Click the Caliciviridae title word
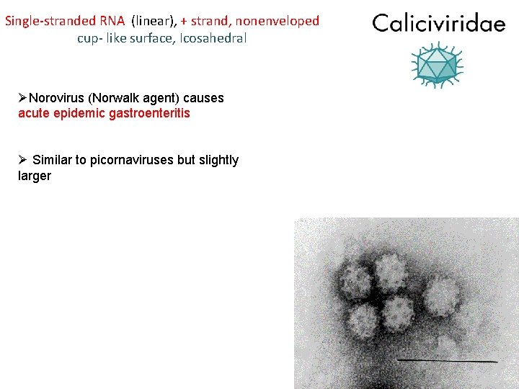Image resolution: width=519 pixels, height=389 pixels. (x=439, y=24)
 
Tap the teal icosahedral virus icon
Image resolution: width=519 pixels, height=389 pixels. (x=438, y=64)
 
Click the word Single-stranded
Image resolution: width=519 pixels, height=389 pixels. (x=50, y=21)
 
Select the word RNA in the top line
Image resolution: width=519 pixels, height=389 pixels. (x=113, y=21)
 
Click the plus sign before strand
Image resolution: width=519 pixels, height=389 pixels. (x=185, y=21)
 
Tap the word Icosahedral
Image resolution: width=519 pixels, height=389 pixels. (x=214, y=38)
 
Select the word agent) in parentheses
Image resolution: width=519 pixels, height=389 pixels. (x=162, y=98)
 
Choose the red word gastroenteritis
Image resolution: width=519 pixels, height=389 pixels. (x=150, y=114)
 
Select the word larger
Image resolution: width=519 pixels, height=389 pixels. (x=35, y=176)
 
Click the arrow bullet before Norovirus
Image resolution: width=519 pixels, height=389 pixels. (x=23, y=98)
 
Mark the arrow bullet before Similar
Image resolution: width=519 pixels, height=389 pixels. (x=23, y=160)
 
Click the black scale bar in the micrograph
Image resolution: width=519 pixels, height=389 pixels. (x=447, y=359)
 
